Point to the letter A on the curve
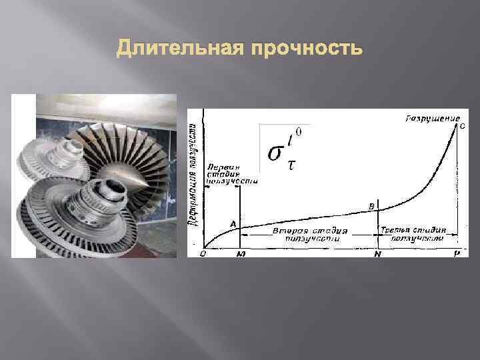[233, 223]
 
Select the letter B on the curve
[371, 207]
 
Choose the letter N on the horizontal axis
[377, 255]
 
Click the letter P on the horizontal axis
[457, 255]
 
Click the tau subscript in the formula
[291, 165]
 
